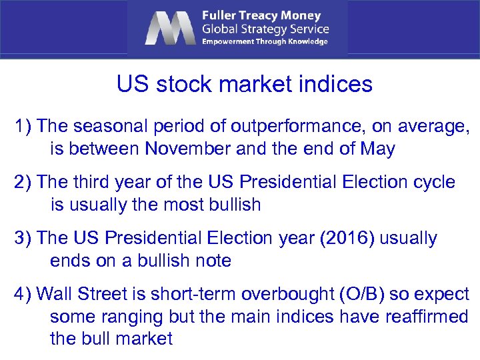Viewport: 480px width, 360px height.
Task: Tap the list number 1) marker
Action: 24,126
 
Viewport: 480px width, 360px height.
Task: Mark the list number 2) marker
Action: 24,182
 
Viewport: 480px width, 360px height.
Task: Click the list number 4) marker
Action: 24,294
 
